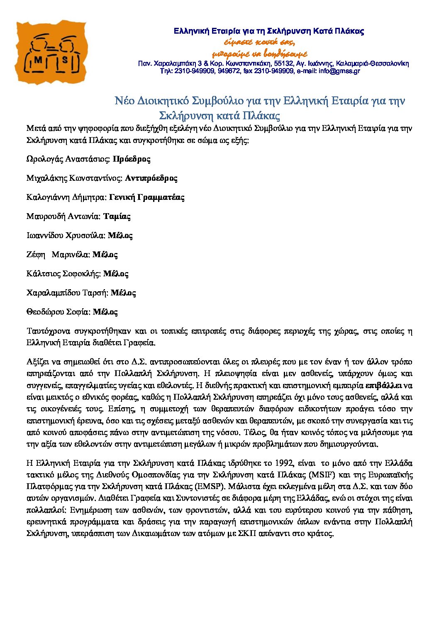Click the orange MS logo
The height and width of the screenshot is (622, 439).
point(51,52)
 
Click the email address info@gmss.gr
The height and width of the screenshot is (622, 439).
point(339,71)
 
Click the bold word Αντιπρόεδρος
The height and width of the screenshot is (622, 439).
point(151,178)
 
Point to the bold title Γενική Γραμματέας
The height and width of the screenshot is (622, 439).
point(146,197)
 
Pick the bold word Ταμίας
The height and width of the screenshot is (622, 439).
point(117,216)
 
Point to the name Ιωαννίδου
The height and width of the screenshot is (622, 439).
point(44,236)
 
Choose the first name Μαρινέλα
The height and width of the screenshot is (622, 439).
point(71,255)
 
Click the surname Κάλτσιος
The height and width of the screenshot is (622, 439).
point(43,274)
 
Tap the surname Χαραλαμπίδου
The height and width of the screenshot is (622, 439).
point(53,293)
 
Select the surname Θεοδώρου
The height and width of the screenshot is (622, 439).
point(45,312)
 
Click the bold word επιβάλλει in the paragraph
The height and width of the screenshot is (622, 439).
point(383,385)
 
